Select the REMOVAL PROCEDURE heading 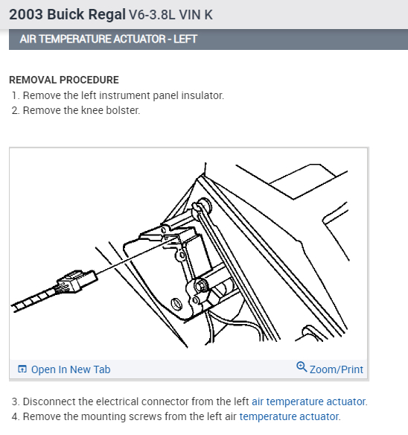pos(63,80)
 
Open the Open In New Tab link pos(70,369)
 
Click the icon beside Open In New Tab pos(22,369)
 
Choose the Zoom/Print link pos(337,369)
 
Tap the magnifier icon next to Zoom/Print pos(302,368)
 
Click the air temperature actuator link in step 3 pos(309,401)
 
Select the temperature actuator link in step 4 pos(290,416)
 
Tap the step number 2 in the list pos(15,110)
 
